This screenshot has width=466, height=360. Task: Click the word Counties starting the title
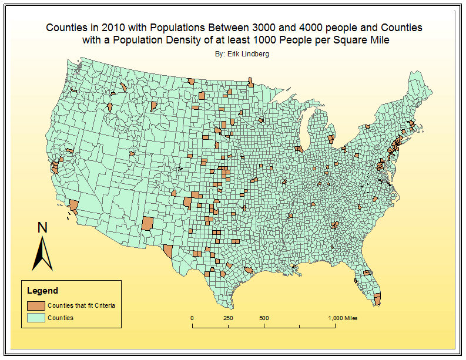[66, 28]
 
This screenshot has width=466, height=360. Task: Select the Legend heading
[43, 291]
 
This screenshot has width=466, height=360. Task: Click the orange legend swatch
[36, 305]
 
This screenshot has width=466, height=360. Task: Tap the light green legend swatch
[36, 318]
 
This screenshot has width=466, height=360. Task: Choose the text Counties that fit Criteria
[82, 305]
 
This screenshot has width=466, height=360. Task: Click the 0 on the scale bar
[193, 318]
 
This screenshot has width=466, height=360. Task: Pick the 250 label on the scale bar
[228, 318]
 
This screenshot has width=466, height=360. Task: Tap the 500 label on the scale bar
[264, 318]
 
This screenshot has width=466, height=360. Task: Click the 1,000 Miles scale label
[343, 318]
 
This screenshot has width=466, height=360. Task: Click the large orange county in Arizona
[147, 224]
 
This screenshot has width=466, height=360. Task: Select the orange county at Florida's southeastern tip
[377, 298]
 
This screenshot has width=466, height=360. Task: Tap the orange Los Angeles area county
[74, 205]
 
